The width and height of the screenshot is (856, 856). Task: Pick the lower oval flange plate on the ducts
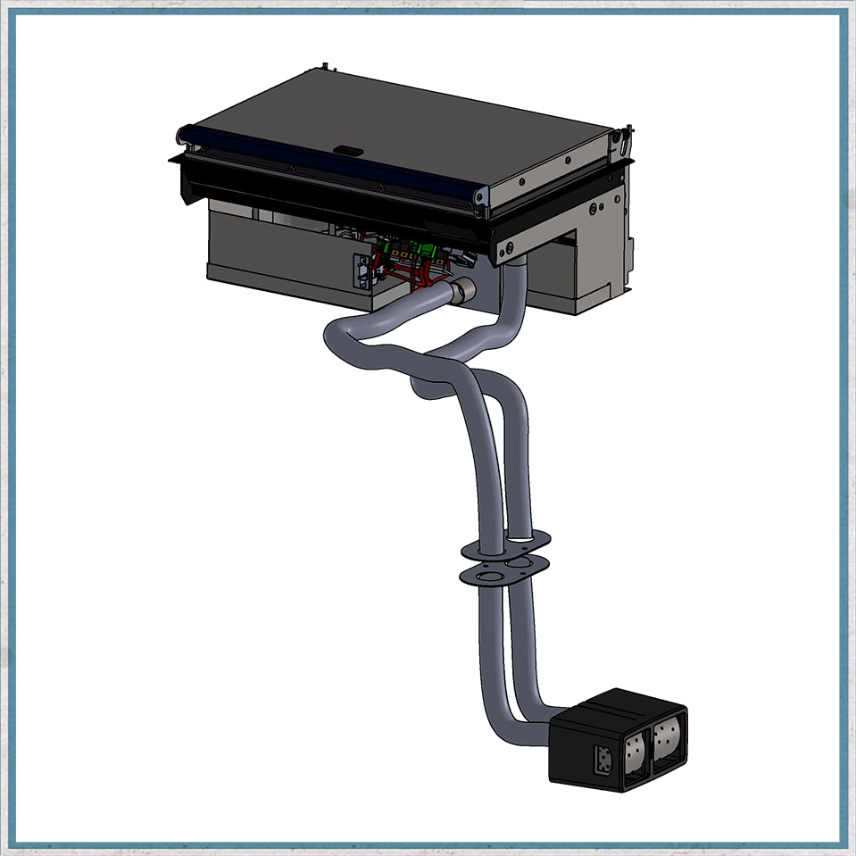[x=504, y=570]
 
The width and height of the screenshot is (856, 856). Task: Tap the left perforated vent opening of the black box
[x=635, y=752]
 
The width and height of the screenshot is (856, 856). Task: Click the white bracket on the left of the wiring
[x=361, y=271]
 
